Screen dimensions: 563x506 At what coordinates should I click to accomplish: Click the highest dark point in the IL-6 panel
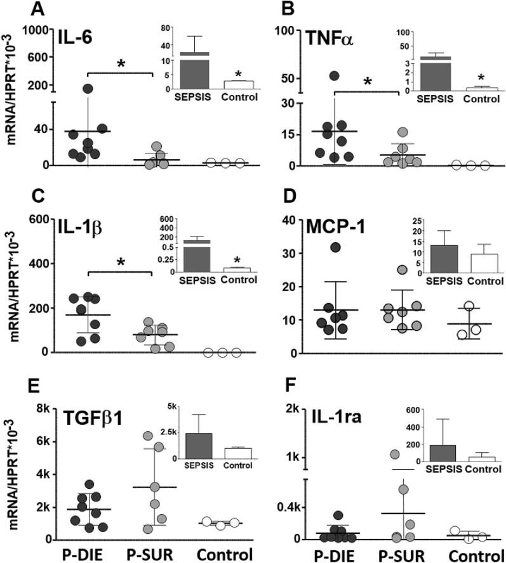coord(88,89)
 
